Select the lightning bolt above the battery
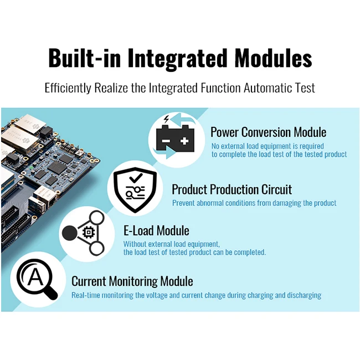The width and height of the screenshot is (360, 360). pyautogui.click(x=166, y=120)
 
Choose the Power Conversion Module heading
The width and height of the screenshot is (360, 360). pyautogui.click(x=268, y=132)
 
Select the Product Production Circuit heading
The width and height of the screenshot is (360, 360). pyautogui.click(x=232, y=190)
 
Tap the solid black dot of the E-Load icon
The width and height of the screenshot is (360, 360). pyautogui.click(x=69, y=233)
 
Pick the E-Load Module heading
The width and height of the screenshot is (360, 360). pyautogui.click(x=156, y=230)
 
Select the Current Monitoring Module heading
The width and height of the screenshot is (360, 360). pyautogui.click(x=132, y=281)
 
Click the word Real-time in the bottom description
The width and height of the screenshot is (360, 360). pyautogui.click(x=86, y=295)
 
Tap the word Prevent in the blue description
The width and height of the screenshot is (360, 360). pyautogui.click(x=183, y=203)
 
